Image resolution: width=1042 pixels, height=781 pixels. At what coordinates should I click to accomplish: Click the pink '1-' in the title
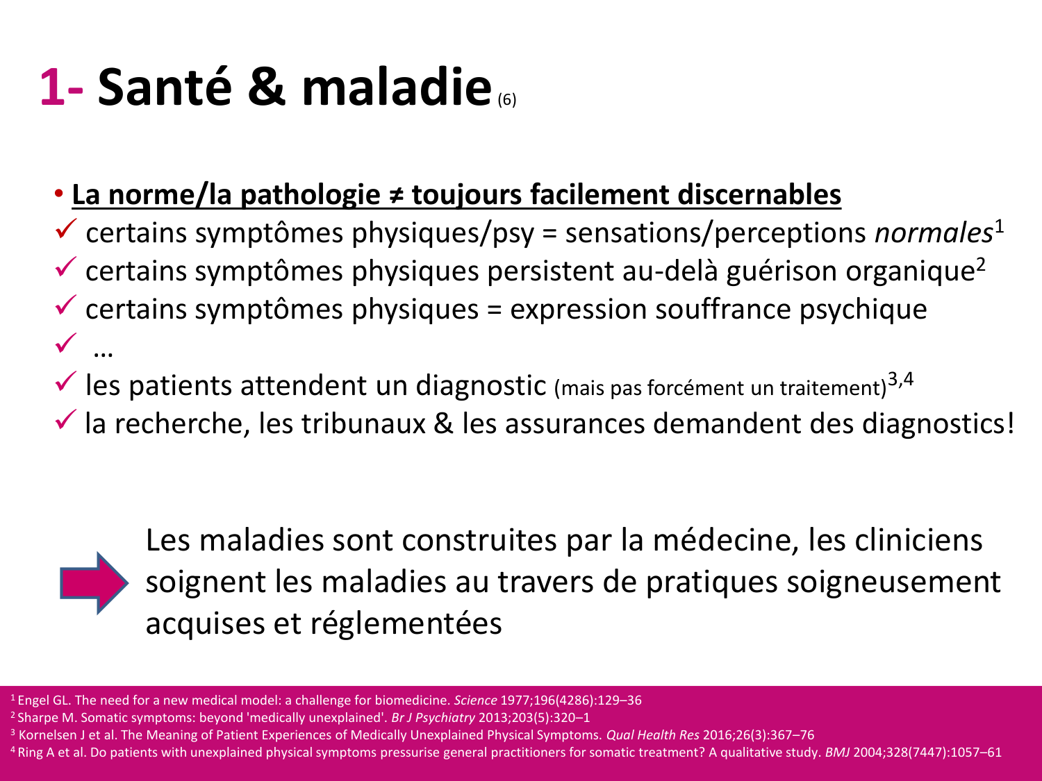[x=62, y=87]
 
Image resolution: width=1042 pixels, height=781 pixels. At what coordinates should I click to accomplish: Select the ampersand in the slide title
[x=266, y=87]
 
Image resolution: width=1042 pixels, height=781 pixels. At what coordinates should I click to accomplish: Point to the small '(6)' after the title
[x=507, y=100]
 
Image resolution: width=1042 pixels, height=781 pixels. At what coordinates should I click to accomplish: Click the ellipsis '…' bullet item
[x=103, y=351]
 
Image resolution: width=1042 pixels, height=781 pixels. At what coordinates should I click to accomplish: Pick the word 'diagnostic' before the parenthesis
[x=481, y=385]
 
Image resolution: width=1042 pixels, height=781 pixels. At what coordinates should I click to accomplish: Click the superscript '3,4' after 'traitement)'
[x=900, y=380]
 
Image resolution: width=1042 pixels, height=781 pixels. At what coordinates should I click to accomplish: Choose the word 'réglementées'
[x=406, y=623]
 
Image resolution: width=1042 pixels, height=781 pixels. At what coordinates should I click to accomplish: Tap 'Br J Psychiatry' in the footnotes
[x=433, y=717]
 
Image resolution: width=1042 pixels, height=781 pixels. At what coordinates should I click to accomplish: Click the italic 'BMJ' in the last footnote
[x=837, y=752]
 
